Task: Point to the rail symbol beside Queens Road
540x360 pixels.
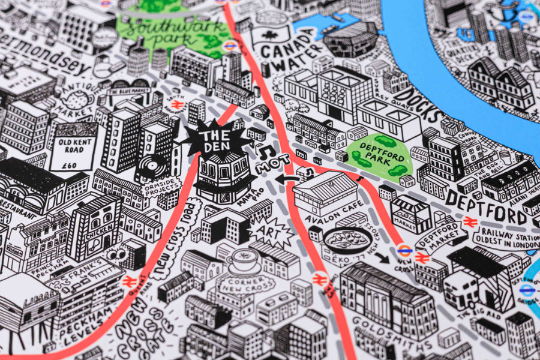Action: (128, 281)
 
